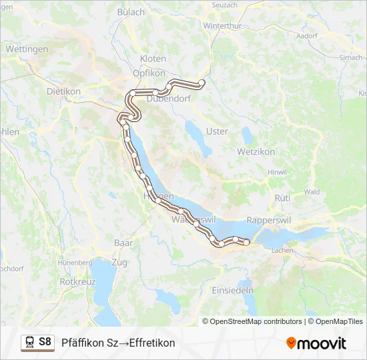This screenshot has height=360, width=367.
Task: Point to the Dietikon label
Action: coord(63,91)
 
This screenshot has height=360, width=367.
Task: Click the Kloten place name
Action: coord(153,59)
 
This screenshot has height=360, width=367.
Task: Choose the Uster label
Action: coord(217,131)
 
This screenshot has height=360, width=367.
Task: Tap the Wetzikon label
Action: coord(256,151)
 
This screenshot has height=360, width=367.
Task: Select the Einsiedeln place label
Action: coord(232,291)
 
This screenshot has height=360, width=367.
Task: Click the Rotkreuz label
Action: coord(77,282)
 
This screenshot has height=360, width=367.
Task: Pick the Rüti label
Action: coord(282,198)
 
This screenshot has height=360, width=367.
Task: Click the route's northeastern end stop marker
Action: coord(202,83)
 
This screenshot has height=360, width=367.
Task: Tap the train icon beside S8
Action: coord(29,342)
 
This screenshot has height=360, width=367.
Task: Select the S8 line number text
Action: coord(45,342)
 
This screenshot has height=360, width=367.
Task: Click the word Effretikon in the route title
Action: coord(151,343)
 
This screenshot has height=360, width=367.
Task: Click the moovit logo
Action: coord(316,343)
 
